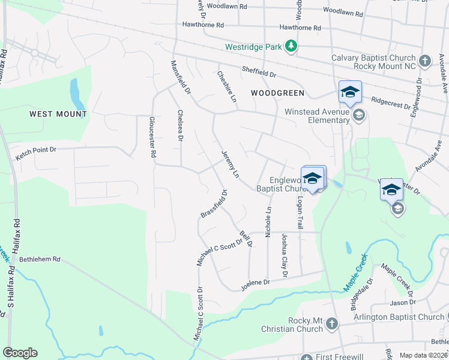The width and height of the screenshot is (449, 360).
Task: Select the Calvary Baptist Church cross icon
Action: point(425,61)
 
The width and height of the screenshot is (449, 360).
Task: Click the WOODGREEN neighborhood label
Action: point(278,93)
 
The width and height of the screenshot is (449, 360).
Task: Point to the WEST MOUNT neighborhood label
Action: point(58,114)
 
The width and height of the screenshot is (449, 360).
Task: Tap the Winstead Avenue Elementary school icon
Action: point(358,115)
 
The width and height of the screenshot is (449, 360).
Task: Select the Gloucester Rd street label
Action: point(154,137)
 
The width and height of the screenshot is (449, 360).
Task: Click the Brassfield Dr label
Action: point(214,204)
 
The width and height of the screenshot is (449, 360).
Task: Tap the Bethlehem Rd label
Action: point(40,260)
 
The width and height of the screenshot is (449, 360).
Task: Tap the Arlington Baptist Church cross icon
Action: point(442,317)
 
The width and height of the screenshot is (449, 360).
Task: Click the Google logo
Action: point(20,353)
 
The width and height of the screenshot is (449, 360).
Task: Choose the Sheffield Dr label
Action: point(259,72)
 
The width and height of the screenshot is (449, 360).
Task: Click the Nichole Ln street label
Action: point(268,221)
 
